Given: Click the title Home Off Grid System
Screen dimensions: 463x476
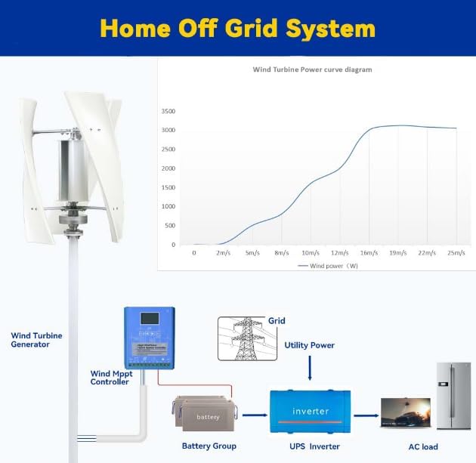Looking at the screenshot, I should coord(237,28).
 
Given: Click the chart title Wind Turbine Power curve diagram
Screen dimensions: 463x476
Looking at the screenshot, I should coord(311,69).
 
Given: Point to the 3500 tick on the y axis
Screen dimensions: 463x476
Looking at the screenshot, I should coord(168,111).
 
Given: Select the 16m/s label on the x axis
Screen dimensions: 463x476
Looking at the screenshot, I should coord(368,253).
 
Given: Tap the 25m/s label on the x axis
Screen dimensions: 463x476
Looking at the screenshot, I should coord(456,253).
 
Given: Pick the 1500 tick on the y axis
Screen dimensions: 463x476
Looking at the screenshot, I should coord(168,187).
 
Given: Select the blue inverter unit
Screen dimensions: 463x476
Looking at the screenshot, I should coord(310,412).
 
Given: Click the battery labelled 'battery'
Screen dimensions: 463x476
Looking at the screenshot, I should coord(208,416).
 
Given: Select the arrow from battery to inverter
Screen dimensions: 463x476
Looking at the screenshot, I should coord(255,415).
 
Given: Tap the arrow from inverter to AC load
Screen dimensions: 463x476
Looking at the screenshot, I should coord(366,415).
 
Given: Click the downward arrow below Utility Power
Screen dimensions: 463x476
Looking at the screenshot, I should coord(310,370).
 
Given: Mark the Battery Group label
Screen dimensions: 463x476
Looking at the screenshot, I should coord(209,446).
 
